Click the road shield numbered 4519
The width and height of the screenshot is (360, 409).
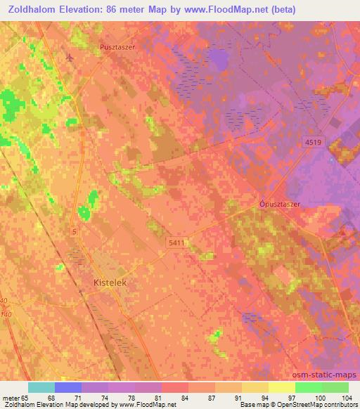tap(314, 143)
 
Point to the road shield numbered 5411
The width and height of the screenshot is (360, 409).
tap(177, 242)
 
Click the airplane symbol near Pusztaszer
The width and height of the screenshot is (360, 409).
tap(70, 56)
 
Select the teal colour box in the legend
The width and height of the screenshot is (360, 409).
tap(41, 387)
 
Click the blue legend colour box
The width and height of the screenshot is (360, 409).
tap(67, 387)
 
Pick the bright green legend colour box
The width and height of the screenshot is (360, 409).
tap(308, 387)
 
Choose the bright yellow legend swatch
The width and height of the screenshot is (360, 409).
tap(281, 387)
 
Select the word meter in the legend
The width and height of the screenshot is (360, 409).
tap(12, 397)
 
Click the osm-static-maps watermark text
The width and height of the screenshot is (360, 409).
tap(330, 374)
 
